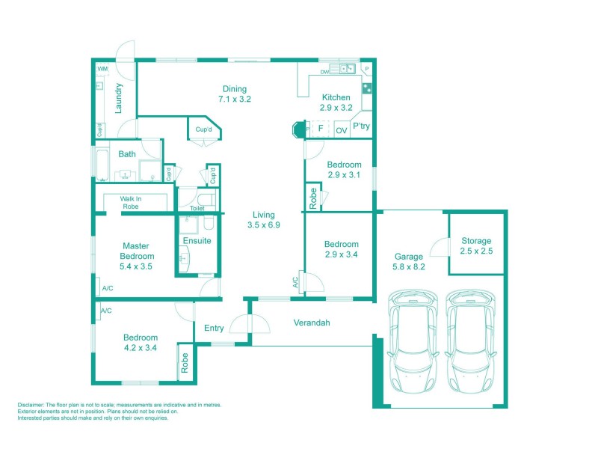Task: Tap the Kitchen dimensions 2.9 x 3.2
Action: click(336, 108)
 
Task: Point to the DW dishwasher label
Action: click(325, 72)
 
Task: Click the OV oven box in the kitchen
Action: click(341, 130)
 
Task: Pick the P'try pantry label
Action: click(361, 126)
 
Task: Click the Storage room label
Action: click(476, 241)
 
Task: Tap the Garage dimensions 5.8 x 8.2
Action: click(410, 266)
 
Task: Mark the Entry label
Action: click(214, 328)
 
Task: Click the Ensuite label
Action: click(197, 241)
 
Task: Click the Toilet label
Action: click(197, 209)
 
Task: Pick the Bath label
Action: click(127, 154)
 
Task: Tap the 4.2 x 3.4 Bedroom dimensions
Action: click(141, 347)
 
